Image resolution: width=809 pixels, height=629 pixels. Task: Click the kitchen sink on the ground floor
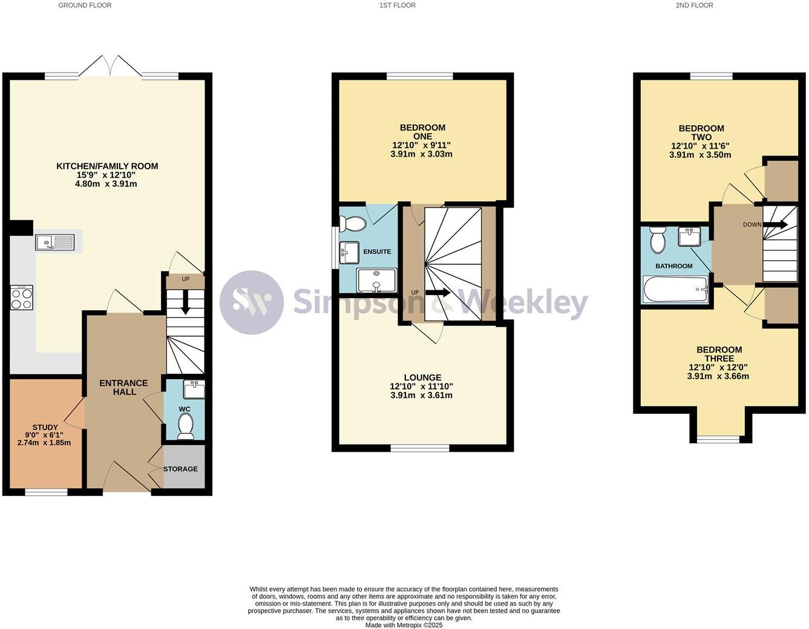tap(54, 243)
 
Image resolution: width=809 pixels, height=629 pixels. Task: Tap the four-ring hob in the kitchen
tap(22, 298)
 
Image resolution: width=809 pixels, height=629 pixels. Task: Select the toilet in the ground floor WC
tap(185, 426)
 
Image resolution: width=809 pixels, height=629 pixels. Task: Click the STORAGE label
tap(180, 469)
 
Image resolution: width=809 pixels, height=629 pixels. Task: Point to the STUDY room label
tap(45, 427)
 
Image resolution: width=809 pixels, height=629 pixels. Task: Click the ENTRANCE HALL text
tap(123, 387)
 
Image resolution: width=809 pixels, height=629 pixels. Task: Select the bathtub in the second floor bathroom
tap(675, 289)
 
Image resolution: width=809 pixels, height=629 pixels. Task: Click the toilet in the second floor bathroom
tap(657, 240)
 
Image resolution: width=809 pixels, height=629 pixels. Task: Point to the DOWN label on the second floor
tap(752, 224)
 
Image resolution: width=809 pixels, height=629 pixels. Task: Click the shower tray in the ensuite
tap(376, 281)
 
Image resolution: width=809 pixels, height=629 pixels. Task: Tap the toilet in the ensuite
tap(353, 224)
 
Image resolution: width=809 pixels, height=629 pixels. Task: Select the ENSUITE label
tap(377, 252)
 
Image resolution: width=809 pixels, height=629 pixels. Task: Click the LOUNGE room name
tap(422, 377)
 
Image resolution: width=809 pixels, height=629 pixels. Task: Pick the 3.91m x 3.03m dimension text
tap(421, 154)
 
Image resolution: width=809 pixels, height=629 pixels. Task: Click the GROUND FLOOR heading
tap(85, 5)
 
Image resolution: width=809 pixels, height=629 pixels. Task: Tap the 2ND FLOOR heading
tap(694, 5)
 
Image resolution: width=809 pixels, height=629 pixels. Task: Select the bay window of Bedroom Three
tap(718, 438)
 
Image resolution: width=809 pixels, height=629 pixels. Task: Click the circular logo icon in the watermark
tap(251, 302)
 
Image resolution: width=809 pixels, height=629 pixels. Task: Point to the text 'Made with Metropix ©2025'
tap(404, 625)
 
